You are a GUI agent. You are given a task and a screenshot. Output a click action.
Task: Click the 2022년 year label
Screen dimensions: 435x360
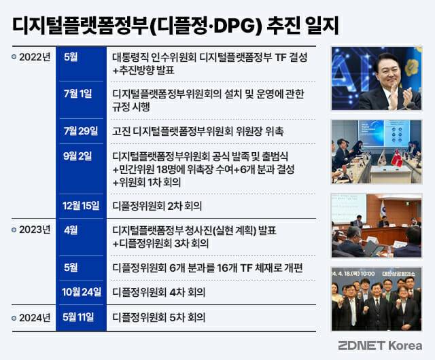(35, 57)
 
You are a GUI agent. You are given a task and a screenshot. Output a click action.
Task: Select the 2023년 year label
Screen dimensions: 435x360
(35, 230)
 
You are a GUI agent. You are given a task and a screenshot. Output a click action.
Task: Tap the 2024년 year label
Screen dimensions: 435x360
(35, 318)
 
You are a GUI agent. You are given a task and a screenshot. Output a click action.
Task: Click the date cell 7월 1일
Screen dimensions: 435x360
(77, 94)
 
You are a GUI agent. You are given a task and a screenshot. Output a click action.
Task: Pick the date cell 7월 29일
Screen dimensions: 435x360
(81, 130)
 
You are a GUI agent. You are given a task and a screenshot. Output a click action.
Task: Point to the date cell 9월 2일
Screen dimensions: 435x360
(77, 156)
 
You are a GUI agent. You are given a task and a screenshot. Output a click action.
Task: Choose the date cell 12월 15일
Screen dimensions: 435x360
(81, 206)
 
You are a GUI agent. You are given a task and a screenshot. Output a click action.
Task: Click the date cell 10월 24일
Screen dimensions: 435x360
(82, 292)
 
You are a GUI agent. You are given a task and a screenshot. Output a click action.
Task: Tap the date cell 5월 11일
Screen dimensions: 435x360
(78, 317)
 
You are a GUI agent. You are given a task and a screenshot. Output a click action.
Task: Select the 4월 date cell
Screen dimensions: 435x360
(71, 230)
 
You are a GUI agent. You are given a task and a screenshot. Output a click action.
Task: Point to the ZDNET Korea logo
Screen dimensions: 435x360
(380, 346)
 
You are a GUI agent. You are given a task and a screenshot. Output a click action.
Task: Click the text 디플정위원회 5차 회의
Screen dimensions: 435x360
(158, 318)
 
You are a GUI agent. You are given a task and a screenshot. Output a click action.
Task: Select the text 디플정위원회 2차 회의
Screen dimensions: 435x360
(157, 206)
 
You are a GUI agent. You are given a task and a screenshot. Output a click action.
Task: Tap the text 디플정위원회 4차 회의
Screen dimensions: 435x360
(158, 292)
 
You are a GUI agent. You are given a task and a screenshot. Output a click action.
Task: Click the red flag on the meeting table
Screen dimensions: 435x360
(397, 158)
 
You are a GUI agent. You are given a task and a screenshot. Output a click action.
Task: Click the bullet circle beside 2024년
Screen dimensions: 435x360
(14, 318)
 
